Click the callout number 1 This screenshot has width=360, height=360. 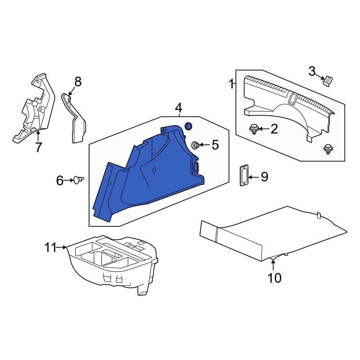(x=231, y=84)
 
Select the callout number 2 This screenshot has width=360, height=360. (x=274, y=129)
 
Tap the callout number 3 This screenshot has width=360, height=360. (x=312, y=71)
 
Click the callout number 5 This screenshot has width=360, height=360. (x=215, y=145)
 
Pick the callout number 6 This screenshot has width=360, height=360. (x=60, y=180)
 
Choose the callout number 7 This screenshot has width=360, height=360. (x=39, y=147)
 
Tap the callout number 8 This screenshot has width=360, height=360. (x=78, y=82)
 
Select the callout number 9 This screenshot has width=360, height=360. (x=265, y=177)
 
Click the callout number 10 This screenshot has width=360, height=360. (x=274, y=278)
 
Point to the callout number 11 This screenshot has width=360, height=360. (x=50, y=248)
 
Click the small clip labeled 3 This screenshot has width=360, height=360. (x=328, y=81)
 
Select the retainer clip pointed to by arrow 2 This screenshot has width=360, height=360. (x=254, y=129)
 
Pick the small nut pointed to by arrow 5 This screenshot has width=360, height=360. (x=195, y=145)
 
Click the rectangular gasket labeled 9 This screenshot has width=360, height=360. (x=244, y=175)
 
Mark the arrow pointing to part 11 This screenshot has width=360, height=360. (x=61, y=247)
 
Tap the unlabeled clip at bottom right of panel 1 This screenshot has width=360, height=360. (x=328, y=149)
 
